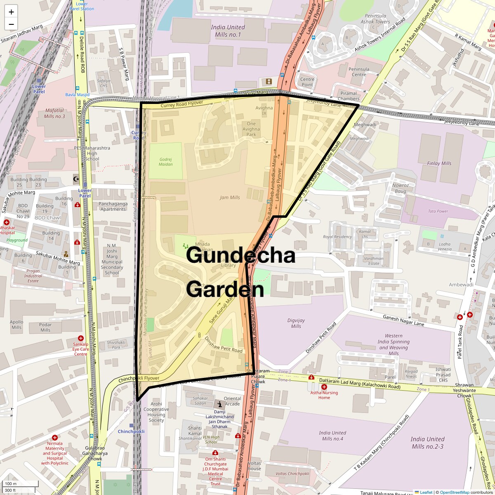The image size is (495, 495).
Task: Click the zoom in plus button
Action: (11, 12)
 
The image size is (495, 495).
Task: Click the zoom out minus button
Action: (11, 24)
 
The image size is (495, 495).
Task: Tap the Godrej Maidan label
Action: (165, 162)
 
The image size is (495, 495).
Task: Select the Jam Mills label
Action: (230, 198)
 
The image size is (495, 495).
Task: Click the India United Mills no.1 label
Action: (228, 31)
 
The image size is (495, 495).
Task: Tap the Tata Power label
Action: (438, 211)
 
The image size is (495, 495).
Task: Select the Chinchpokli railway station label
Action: (131, 431)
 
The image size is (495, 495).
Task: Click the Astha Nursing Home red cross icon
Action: (324, 387)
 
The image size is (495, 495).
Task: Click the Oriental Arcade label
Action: (232, 401)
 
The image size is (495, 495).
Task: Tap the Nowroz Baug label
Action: (400, 188)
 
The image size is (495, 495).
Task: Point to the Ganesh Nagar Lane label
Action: (403, 321)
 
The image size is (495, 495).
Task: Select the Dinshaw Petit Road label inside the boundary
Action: (224, 344)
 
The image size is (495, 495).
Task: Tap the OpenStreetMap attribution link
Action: (454, 492)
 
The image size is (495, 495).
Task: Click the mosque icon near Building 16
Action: (75, 179)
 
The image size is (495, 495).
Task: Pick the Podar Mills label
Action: (45, 327)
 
